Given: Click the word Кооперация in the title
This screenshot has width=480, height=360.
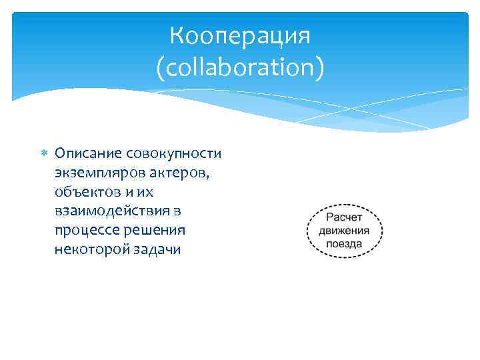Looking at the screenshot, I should pyautogui.click(x=240, y=35).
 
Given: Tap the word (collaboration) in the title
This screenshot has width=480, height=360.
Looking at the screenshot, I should pyautogui.click(x=240, y=67).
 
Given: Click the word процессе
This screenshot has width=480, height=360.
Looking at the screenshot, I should pyautogui.click(x=85, y=231).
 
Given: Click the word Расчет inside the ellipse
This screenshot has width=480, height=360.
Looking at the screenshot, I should pyautogui.click(x=344, y=217).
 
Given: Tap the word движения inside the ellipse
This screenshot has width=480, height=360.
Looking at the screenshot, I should pyautogui.click(x=344, y=231).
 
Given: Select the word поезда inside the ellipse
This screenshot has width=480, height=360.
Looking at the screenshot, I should pyautogui.click(x=344, y=244).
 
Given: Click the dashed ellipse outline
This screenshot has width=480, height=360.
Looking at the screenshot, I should pyautogui.click(x=307, y=231).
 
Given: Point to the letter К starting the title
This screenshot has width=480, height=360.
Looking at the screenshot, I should pyautogui.click(x=177, y=35).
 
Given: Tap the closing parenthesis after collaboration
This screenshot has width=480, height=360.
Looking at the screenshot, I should pyautogui.click(x=321, y=67).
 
